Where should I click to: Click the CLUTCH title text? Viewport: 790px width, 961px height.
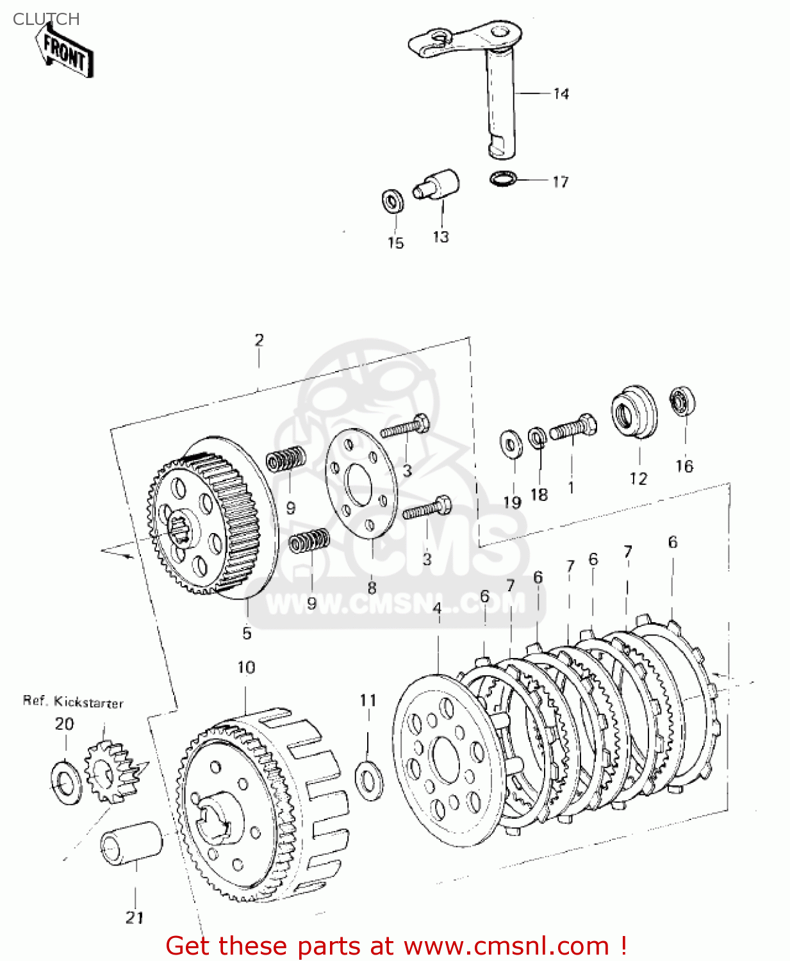click(46, 19)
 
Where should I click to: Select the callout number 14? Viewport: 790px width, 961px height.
click(561, 94)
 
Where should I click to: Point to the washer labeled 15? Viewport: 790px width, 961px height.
click(392, 201)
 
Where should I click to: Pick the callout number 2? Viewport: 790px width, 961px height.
click(259, 340)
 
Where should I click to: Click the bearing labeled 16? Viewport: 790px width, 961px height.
click(682, 402)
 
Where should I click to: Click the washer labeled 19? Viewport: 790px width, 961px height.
click(511, 444)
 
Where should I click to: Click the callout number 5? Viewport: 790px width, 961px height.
click(247, 633)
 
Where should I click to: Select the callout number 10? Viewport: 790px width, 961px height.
click(246, 668)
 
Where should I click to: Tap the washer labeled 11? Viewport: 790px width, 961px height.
click(369, 780)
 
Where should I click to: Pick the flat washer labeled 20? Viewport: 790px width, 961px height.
click(67, 782)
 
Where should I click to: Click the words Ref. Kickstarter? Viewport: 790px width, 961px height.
click(73, 702)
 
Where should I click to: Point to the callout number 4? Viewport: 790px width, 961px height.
click(437, 608)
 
